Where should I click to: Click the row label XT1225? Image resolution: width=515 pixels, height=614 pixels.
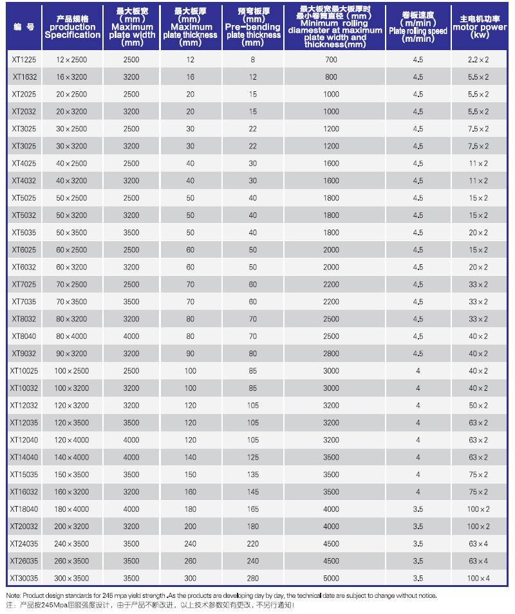24,60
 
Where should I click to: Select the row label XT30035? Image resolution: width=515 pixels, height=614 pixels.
24,579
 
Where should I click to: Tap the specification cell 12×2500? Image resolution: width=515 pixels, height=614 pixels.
71,60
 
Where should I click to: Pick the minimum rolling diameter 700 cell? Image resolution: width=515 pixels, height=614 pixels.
332,60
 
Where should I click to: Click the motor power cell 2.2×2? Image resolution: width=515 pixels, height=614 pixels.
478,60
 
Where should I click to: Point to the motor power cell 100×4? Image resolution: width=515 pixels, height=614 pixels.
478,579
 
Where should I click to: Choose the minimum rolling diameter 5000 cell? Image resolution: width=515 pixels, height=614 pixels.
332,579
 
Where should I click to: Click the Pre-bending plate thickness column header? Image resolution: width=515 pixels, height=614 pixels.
254,28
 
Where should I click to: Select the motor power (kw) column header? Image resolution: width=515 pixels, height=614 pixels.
478,28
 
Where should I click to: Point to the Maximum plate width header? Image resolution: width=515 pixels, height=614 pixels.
131,28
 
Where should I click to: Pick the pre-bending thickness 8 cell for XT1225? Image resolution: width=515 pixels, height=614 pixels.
253,60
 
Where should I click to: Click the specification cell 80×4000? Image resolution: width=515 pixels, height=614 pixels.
71,336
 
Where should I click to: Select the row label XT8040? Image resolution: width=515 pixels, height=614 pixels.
24,336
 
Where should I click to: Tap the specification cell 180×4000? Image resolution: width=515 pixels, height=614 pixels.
71,509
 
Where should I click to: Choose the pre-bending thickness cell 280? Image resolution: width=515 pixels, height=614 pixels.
253,579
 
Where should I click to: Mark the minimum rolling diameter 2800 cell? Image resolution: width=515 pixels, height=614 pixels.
332,354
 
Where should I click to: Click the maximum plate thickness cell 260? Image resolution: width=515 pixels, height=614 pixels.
191,561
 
